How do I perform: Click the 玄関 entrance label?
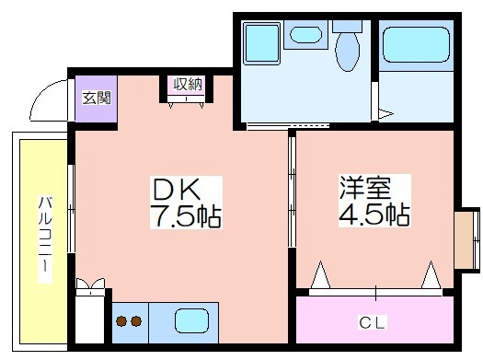click(x=96, y=98)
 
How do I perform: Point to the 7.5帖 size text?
click(x=186, y=215)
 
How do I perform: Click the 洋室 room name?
click(x=365, y=187)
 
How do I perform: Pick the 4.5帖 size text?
click(x=374, y=214)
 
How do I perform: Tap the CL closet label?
click(x=372, y=322)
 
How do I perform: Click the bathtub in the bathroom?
click(x=416, y=45)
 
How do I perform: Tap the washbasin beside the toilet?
click(x=305, y=34)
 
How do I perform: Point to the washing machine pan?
click(x=261, y=43)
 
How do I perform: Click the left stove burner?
click(x=121, y=321)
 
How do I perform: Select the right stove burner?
click(x=136, y=321)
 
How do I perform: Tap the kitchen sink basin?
click(x=191, y=320)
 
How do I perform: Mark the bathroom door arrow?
click(x=385, y=114)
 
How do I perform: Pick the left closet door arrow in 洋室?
click(x=320, y=275)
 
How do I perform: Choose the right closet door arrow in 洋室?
click(x=431, y=275)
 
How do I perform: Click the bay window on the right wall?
click(x=467, y=240)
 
